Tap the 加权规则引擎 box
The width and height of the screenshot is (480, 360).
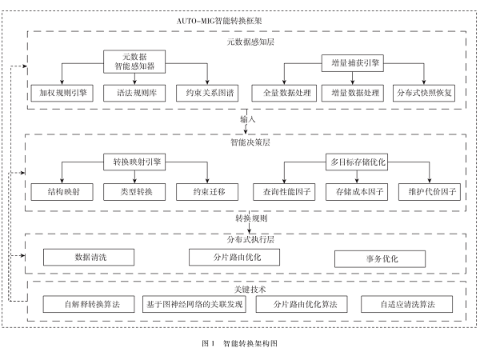(61, 92)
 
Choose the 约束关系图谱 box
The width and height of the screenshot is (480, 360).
(209, 92)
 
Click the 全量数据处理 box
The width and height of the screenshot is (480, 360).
(282, 92)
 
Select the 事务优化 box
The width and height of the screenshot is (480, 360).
(376, 258)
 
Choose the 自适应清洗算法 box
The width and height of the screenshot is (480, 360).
(398, 305)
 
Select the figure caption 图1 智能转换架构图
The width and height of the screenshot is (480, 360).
(239, 342)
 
